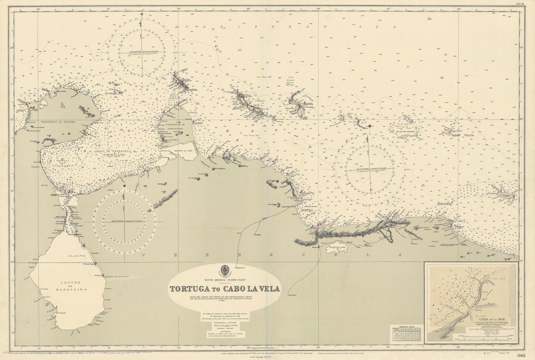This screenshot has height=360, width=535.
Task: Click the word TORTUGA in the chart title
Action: (x=189, y=289)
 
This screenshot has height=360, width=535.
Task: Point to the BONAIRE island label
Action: (x=308, y=107)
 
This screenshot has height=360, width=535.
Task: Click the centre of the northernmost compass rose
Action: (x=142, y=53)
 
